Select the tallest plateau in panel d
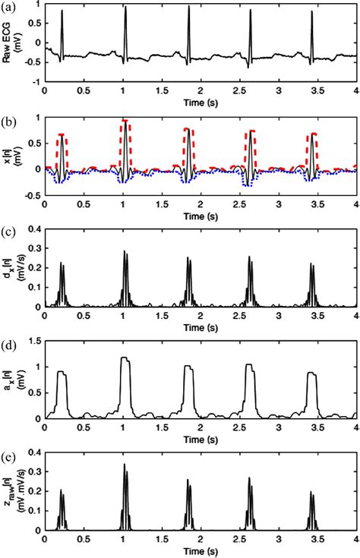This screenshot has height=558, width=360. pos(126,358)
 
